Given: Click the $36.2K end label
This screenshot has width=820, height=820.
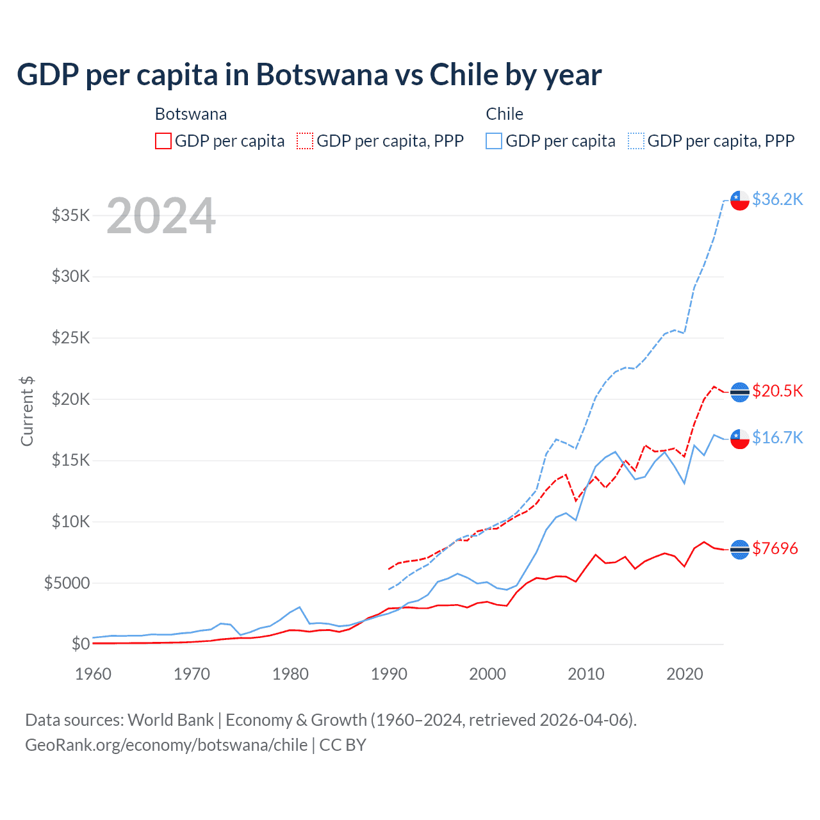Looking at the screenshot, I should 777,199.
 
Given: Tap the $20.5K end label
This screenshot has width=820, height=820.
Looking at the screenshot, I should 777,391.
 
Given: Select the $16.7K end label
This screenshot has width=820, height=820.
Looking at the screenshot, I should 777,438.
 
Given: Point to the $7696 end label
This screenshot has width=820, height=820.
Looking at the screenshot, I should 775,548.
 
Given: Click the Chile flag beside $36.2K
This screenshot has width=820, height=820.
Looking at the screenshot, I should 740,200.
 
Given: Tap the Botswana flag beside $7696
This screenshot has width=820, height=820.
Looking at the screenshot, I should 740,549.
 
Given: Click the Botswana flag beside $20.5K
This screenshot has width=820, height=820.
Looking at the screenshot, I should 740,391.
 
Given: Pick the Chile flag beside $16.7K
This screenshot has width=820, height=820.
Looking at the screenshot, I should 740,439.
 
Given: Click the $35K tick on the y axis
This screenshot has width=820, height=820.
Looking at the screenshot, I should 71,215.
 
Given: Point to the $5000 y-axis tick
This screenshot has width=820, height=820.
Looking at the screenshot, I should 67,583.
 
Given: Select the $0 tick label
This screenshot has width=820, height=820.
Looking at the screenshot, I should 81,644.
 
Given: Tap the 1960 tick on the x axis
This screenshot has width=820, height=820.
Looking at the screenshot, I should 94,674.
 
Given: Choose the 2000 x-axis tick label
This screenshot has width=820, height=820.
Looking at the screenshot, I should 488,674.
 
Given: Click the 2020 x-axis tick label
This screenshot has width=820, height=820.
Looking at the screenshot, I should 685,674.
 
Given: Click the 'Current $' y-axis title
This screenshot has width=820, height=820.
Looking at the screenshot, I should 27,411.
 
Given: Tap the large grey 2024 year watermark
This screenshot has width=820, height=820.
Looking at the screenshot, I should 161,216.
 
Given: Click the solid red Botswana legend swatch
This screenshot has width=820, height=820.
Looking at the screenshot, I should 163,141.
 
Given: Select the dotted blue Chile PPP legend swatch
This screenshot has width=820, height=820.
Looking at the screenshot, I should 636,141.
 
